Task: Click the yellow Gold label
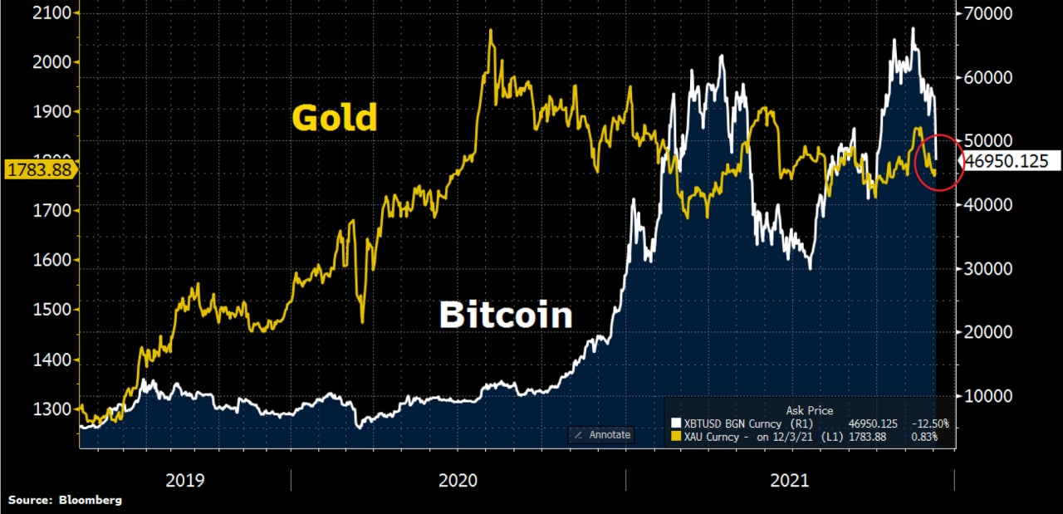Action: click(x=335, y=118)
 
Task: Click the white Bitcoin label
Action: click(x=506, y=316)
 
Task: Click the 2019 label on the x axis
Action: click(x=185, y=480)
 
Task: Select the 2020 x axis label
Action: click(x=458, y=480)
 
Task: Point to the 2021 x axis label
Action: click(x=789, y=480)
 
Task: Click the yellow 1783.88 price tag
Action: click(x=38, y=170)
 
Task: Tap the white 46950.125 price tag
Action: click(x=1004, y=161)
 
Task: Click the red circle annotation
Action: click(x=938, y=164)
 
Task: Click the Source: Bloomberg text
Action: click(x=65, y=500)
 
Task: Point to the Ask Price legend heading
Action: click(x=809, y=410)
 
